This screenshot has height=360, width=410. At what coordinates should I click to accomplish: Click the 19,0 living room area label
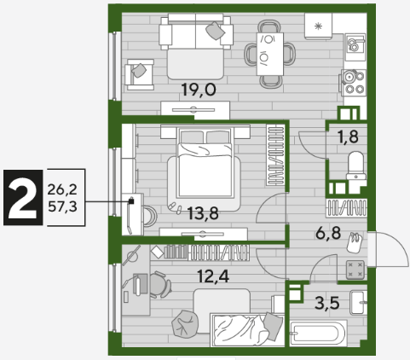(x=199, y=90)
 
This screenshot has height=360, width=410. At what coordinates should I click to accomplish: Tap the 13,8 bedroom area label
(x=203, y=213)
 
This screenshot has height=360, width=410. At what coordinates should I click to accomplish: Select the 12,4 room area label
(x=213, y=276)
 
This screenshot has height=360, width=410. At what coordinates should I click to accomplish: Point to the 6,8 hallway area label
(x=328, y=234)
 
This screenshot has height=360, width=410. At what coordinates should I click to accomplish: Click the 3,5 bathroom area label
(x=327, y=303)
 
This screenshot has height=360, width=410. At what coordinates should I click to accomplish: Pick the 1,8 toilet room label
(x=348, y=136)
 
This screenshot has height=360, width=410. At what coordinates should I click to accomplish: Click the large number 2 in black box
(x=23, y=198)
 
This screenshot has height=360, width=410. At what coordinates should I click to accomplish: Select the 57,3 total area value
(x=62, y=206)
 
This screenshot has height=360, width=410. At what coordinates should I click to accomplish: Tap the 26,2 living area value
(x=62, y=189)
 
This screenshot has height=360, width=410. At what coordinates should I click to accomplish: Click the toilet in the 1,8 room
(x=356, y=165)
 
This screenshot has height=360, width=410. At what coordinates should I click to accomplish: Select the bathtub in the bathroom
(x=318, y=334)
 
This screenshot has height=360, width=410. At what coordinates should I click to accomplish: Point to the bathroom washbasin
(x=358, y=302)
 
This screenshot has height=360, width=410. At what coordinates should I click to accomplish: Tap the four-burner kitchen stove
(x=354, y=83)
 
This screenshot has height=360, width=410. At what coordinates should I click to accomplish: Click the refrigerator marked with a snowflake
(x=318, y=26)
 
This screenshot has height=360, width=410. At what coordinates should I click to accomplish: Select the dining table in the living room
(x=270, y=54)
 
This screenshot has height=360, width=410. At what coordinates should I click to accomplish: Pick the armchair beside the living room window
(x=139, y=74)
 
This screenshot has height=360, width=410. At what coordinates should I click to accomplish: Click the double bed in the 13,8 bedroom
(x=205, y=162)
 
